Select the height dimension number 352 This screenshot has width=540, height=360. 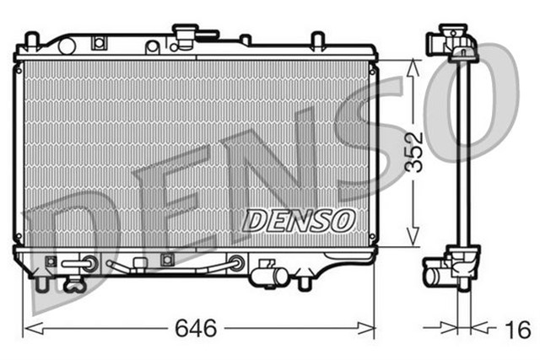click(x=412, y=153)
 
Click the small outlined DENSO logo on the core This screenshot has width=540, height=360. click(x=298, y=220)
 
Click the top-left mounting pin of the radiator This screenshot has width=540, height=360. click(x=31, y=40)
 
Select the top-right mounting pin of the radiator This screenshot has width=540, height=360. click(x=317, y=40)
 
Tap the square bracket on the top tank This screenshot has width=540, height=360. click(x=100, y=41)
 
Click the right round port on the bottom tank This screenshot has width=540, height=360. click(x=237, y=263)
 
